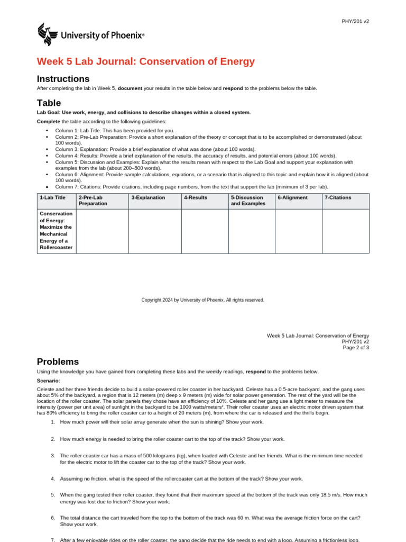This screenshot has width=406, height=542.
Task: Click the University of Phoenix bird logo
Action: click(47, 34)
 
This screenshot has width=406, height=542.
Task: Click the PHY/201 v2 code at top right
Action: click(355, 21)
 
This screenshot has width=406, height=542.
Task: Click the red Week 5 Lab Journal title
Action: click(145, 61)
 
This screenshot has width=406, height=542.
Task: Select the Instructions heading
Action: click(62, 79)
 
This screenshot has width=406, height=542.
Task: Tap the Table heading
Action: click(49, 103)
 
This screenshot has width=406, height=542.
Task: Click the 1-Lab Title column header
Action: click(52, 197)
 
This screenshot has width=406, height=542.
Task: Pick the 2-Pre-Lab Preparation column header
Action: click(93, 200)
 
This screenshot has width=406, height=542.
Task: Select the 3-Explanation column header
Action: click(148, 197)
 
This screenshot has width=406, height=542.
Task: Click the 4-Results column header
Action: click(196, 197)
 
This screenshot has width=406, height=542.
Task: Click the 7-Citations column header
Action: click(338, 197)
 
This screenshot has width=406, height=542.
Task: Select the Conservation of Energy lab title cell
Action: click(56, 230)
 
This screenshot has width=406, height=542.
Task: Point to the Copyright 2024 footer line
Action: click(202, 300)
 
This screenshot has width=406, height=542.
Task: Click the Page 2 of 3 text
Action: click(356, 348)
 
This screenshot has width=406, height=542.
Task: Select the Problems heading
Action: click(58, 362)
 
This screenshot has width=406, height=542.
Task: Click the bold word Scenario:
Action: click(49, 380)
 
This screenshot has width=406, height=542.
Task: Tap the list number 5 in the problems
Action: click(53, 495)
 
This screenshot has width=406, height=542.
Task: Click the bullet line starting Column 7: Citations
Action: click(191, 186)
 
